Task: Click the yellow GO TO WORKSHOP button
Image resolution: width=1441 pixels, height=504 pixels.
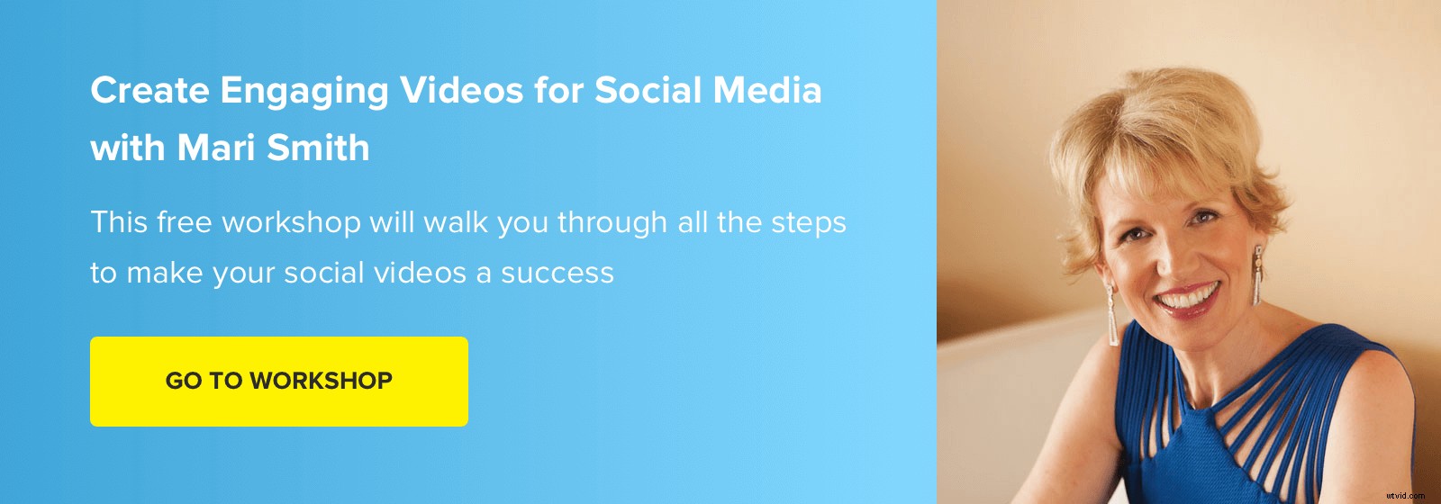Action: click(x=278, y=381)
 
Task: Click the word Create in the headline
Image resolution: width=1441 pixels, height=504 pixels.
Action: click(x=150, y=91)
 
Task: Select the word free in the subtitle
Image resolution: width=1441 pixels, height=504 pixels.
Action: click(x=185, y=222)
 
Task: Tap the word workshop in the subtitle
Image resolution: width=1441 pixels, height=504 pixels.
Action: click(x=291, y=222)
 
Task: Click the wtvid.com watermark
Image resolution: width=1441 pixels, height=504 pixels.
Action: click(x=1406, y=494)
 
